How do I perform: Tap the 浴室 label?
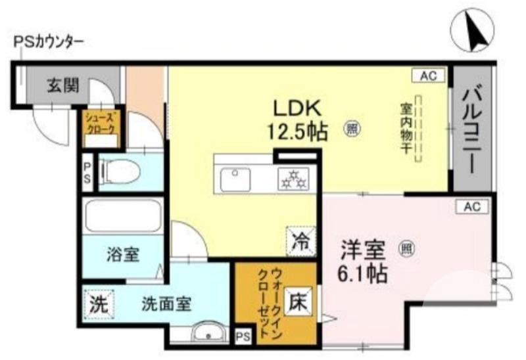click(x=123, y=255)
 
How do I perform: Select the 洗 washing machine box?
click(x=98, y=304)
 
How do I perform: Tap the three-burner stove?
click(x=295, y=178)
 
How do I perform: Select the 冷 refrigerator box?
click(x=300, y=240)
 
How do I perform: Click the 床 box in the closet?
click(x=299, y=302)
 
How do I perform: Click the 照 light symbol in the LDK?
click(x=352, y=129)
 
